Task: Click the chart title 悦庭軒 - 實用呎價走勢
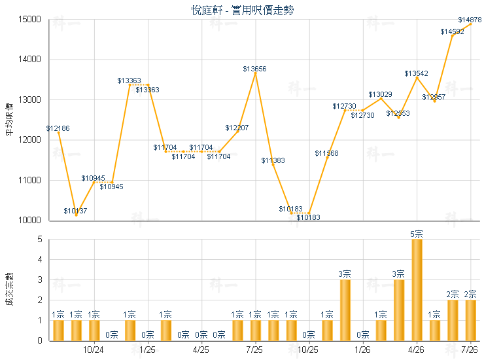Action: coord(242,10)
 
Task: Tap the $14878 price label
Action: coord(470,20)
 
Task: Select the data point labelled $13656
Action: coord(255,73)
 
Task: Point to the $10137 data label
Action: coord(75,211)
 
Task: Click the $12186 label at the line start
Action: coord(58,128)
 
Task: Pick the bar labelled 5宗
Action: coord(417,289)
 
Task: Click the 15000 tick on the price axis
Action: coord(29,19)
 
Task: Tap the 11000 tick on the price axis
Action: coord(29,180)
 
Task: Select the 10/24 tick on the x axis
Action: coord(94,350)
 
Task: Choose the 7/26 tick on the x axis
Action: coord(470,350)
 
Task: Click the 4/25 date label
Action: coord(201,350)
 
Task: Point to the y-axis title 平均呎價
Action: coord(10,120)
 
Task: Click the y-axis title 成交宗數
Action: coord(10,289)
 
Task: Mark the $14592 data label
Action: coord(452,31)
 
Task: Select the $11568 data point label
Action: coord(326,153)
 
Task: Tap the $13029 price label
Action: coord(380,94)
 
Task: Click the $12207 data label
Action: coord(237,128)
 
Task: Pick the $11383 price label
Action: coord(273,160)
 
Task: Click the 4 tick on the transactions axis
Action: coord(40,259)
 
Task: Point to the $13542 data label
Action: coord(416,73)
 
